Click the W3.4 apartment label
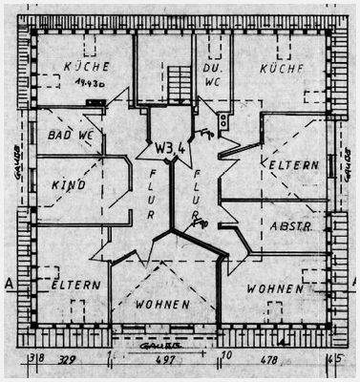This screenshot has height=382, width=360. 168,148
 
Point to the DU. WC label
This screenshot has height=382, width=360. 212,76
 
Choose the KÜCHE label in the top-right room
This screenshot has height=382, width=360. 281,69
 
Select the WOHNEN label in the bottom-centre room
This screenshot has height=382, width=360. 161,305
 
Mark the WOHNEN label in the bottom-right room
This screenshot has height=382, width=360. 275,287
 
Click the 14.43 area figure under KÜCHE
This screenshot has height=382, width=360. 87,83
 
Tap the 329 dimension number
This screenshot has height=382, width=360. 68,360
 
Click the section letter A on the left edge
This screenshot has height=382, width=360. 9,284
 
